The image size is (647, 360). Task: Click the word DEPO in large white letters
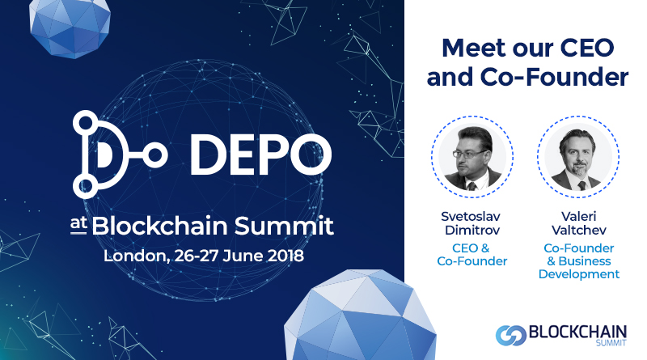[x=260, y=155]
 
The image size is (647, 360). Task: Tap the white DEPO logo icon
[x=120, y=155]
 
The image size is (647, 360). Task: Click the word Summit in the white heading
[x=284, y=226]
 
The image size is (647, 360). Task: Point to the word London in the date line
[x=136, y=256]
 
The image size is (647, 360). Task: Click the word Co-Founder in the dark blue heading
[x=555, y=77]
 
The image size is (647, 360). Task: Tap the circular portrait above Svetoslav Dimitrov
[x=472, y=157]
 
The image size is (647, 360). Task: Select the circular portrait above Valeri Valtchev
[x=578, y=157]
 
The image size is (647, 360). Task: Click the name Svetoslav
[x=471, y=216]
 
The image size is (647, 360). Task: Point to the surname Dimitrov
[x=472, y=230]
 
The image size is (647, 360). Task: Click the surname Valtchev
[x=579, y=230]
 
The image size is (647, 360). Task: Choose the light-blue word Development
[x=579, y=274]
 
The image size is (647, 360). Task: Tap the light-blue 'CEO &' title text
[x=471, y=248]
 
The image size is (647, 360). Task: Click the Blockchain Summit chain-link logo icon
[x=511, y=335]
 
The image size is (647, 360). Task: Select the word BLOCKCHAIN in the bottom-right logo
[x=577, y=332]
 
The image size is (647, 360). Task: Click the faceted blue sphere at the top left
[x=70, y=28]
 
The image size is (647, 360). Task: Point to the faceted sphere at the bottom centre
[x=360, y=316]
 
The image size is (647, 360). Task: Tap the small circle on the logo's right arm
[x=154, y=155]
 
